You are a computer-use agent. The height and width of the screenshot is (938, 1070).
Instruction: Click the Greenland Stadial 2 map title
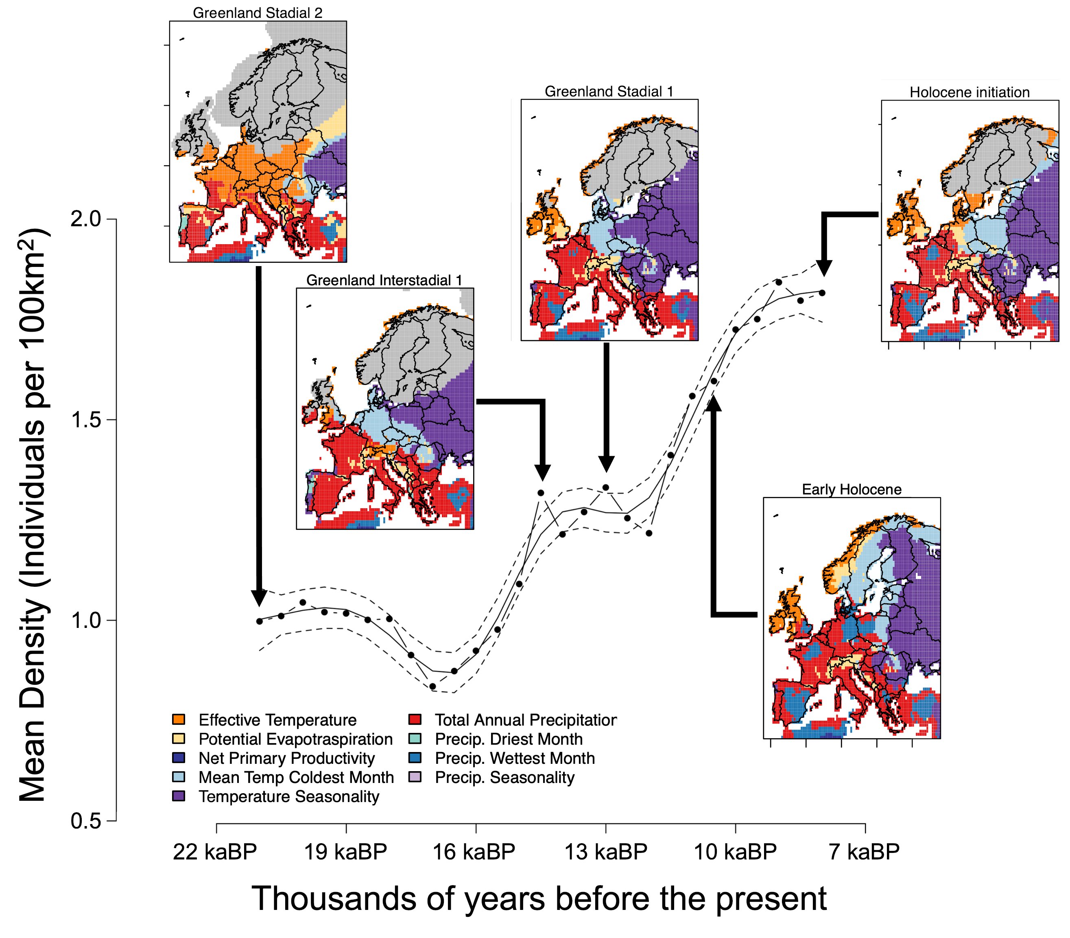coord(258,13)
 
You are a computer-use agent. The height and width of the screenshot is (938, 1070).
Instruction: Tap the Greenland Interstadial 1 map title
coord(384,280)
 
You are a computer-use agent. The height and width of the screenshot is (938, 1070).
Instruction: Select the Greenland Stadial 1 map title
coord(609,92)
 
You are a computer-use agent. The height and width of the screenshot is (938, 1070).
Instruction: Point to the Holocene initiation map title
coord(969,93)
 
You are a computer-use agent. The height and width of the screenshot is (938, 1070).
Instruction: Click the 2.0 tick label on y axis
coord(85,219)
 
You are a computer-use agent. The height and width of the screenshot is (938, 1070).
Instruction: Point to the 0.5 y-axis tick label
coord(85,821)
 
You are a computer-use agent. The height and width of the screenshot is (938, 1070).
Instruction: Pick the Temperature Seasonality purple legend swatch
coord(179,796)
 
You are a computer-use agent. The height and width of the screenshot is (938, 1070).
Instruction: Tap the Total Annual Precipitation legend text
coord(525,720)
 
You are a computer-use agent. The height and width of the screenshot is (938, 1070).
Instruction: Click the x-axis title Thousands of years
coord(539,899)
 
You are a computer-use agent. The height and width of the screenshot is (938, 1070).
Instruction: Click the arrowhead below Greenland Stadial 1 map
coord(606,464)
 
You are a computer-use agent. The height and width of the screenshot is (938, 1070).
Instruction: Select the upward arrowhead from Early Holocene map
coord(713,403)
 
